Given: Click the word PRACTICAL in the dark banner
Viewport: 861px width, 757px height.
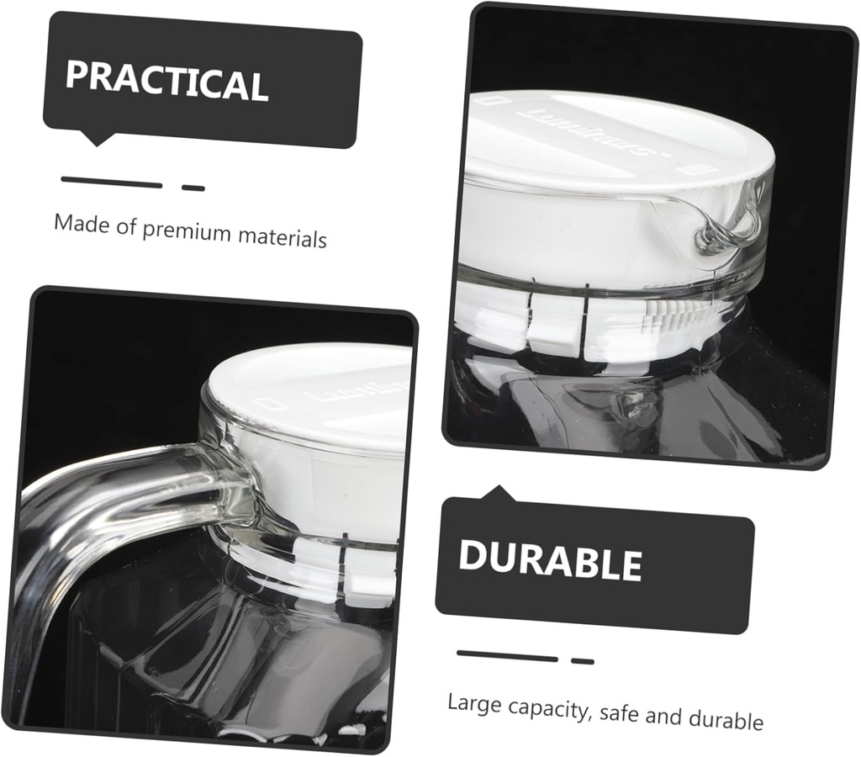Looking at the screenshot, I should click(166, 82).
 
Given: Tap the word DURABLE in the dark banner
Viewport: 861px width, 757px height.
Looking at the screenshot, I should click(550, 561).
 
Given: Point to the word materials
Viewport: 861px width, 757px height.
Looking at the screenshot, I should click(282, 237).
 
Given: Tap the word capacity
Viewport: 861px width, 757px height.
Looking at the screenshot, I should click(548, 710).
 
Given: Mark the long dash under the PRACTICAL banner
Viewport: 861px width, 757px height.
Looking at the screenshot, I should click(111, 183).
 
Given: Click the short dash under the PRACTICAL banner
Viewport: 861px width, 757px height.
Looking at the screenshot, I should click(193, 188).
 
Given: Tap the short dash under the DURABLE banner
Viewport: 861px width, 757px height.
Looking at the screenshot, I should click(582, 661).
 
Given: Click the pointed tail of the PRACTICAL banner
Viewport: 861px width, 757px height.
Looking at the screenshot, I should click(99, 139).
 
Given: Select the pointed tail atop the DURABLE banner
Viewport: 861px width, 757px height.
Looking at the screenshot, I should click(501, 494).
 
